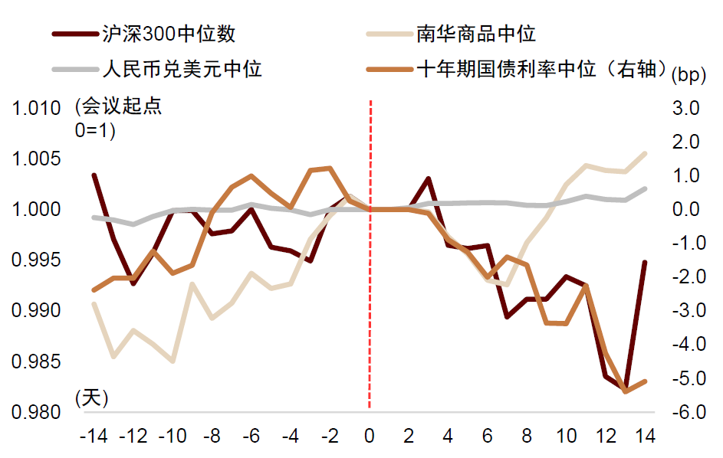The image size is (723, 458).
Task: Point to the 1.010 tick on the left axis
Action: point(37,108)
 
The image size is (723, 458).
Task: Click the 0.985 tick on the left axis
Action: point(37,361)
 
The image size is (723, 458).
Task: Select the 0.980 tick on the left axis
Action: point(37,413)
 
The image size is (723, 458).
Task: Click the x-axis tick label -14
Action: point(94,437)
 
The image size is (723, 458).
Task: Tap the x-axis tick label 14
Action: point(644,437)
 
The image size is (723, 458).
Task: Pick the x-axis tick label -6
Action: point(251,437)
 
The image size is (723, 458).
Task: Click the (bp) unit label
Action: point(688,75)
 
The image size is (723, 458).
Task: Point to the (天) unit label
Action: point(91,398)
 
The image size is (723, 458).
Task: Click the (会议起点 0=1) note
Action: point(118,118)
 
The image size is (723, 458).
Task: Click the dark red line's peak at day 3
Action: point(428,178)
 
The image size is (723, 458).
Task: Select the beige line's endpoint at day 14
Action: point(644,153)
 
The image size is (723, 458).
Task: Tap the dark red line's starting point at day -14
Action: point(94,175)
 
